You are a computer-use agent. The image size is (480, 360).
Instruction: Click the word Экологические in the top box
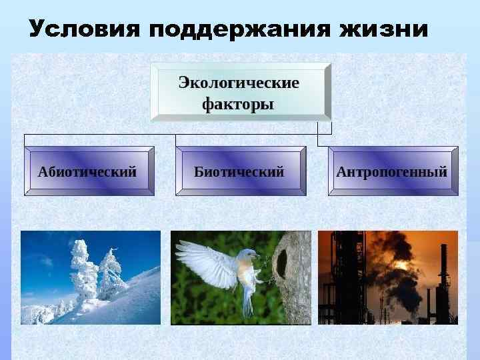coord(239,83)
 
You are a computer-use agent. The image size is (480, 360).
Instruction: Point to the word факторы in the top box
coord(239,104)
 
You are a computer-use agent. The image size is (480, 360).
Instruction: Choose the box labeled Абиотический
coord(89,171)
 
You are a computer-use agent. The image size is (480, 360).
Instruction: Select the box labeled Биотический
coord(240,171)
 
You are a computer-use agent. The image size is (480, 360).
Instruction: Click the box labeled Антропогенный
coord(392,171)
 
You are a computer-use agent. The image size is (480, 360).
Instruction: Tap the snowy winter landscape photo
coord(90,277)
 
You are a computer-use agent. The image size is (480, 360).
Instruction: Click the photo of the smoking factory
coord(388,277)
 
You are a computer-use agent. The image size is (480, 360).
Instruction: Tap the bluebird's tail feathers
coord(247,303)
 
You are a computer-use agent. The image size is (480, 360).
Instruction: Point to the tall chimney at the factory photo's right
coord(443,280)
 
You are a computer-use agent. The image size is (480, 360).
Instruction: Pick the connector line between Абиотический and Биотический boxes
coord(100,135)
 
